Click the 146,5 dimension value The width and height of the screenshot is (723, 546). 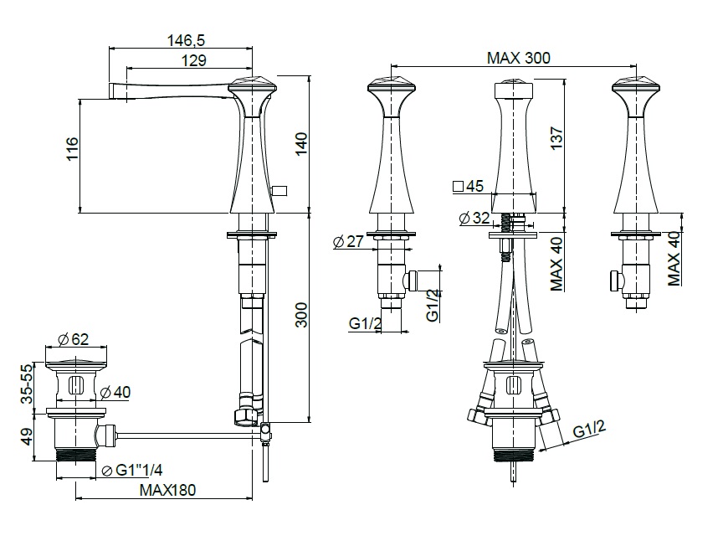point(186,41)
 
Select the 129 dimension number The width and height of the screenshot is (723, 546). point(193,60)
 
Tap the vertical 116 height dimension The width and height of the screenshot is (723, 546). point(73,148)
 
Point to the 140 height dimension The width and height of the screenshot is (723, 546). point(300,144)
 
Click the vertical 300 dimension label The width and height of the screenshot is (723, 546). point(301,315)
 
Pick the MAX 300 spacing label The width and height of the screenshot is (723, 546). point(519,58)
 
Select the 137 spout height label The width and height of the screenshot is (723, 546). point(557,137)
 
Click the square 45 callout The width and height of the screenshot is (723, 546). point(469,186)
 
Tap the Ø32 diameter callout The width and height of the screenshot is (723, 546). point(475,218)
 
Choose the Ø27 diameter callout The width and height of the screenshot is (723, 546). point(349,241)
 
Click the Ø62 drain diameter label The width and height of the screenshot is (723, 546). point(74,339)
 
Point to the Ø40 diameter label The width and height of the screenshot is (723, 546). point(115,392)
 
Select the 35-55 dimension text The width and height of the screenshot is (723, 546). point(28,384)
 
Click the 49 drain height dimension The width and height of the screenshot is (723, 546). point(27,436)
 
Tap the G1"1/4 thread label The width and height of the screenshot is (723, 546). point(132,470)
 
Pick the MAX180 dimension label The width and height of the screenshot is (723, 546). point(168,490)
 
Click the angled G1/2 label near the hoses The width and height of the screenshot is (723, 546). point(589,430)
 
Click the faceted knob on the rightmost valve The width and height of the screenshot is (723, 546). point(636,85)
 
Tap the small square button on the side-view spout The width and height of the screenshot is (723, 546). point(279,190)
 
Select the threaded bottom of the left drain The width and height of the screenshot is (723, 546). point(75,454)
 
